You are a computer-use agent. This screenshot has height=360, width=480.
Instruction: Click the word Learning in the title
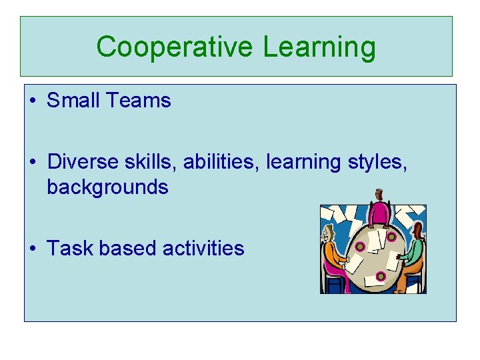coord(319,47)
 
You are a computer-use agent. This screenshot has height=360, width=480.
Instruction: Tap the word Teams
coord(138,101)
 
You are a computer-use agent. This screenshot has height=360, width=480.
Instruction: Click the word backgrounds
coord(107,187)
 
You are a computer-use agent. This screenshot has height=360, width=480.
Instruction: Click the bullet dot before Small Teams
coord(33,101)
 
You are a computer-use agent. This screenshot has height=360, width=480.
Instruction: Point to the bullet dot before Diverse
coord(33,163)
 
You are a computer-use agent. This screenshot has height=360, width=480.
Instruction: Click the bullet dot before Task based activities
coord(33,249)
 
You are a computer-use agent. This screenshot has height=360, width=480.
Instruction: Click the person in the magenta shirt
coord(380,209)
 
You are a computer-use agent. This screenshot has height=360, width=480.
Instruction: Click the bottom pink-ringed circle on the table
coord(381,275)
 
